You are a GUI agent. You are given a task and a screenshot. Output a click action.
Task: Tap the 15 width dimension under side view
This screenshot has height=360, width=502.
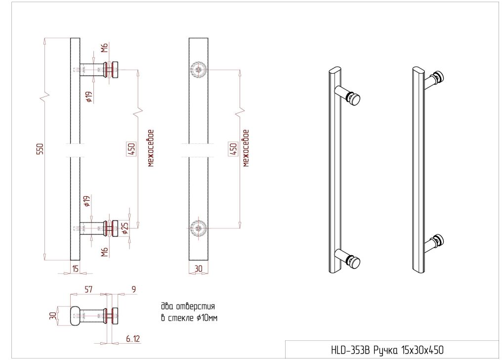coord(75,269)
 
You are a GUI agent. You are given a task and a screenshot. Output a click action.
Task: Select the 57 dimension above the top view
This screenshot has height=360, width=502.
coord(88,289)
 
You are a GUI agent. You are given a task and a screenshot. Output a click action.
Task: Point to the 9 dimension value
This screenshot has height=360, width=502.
coord(133,289)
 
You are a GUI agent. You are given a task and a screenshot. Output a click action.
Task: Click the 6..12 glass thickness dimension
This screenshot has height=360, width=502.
coord(133,339)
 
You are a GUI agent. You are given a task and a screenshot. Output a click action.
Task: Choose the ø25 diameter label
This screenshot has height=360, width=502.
coord(125,228)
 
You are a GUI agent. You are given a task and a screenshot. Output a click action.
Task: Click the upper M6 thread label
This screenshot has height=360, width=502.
coord(104,48)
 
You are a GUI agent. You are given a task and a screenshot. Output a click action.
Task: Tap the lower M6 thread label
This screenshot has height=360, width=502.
coord(104,252)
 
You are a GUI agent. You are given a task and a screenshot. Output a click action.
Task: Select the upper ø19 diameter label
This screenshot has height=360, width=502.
coord(89,97)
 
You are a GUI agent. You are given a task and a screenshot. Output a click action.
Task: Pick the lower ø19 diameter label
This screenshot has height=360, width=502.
coord(87,201)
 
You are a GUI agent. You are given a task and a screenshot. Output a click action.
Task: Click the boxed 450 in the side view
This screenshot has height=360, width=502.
coord(131,149)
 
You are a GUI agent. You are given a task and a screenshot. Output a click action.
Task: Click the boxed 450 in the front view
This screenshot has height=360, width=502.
coord(233,149)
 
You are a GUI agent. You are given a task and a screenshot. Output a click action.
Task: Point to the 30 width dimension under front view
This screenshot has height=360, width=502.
coord(199,269)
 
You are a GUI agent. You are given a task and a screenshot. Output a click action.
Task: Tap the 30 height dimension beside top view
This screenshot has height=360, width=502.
coord(53,316)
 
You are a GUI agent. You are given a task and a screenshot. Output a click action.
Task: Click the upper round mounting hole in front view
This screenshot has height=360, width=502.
coord(199,69)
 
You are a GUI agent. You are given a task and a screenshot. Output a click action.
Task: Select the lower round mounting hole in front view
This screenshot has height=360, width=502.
coord(199,228)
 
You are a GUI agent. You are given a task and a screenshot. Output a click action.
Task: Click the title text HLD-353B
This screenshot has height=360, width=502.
coord(350,351)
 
